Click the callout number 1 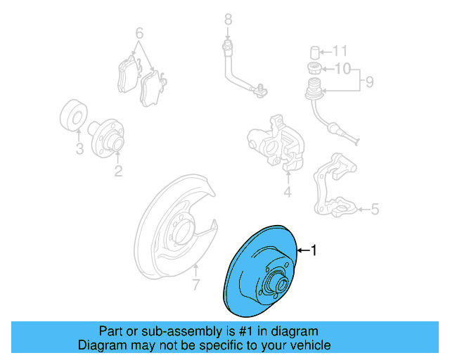(x=314, y=250)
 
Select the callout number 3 (x=79, y=148)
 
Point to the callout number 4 (x=287, y=192)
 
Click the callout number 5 (x=374, y=208)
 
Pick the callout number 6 (x=139, y=33)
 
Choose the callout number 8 (x=228, y=19)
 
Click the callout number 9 (x=368, y=83)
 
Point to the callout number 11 (x=340, y=51)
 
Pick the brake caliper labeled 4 (x=278, y=141)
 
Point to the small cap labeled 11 (x=316, y=51)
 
